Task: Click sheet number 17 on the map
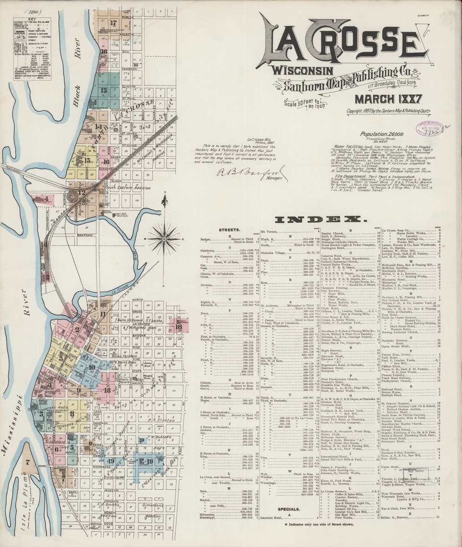click(113, 22)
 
